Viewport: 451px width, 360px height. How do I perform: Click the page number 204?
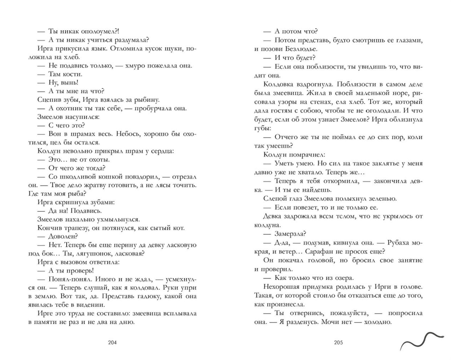coord(112,342)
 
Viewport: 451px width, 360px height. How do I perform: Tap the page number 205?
coord(338,342)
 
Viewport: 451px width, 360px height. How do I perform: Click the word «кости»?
coord(73,74)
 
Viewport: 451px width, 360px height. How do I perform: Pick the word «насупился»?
coord(84,117)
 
